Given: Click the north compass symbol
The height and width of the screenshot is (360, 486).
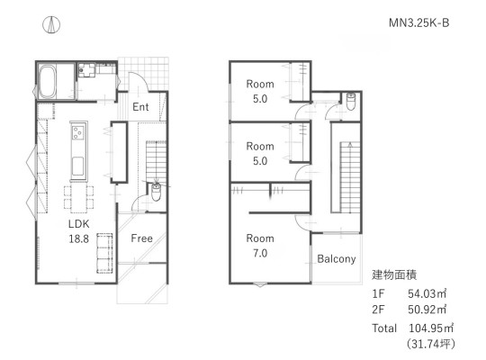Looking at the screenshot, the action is pos(51,25).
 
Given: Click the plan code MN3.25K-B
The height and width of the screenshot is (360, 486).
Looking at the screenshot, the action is pos(418,22).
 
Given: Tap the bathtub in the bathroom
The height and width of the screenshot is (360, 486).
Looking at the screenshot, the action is pos(48,81).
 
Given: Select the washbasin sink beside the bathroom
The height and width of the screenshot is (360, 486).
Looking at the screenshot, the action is pos(86,70).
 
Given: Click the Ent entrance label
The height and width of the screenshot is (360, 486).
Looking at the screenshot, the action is pos(140,107).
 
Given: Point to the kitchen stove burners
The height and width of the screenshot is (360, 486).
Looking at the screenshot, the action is pos(77,132).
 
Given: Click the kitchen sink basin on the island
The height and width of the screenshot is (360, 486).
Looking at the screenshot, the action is pos(77,166).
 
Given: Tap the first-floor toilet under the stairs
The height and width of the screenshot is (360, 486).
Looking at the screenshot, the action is pos(156,192).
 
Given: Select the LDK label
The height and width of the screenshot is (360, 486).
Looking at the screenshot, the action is pos(78,224).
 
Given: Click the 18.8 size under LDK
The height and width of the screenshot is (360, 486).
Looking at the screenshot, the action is pos(78,238).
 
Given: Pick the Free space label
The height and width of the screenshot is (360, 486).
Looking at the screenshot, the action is pos(141,238).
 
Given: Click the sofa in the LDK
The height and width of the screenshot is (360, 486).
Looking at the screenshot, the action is pos(104,253).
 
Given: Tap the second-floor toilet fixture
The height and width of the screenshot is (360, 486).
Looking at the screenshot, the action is pos(351,101).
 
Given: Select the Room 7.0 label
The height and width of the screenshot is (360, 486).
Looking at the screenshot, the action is pos(260,246).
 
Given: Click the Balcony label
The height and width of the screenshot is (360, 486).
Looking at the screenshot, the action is pos(337,259).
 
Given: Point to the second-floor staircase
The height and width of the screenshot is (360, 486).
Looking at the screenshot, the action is pos(350,176).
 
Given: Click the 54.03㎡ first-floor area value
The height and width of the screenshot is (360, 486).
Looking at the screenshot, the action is pos(427,293).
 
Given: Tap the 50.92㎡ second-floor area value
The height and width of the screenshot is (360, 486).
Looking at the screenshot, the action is pos(427,310).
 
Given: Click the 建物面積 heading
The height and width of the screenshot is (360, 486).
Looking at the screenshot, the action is pos(394,274).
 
